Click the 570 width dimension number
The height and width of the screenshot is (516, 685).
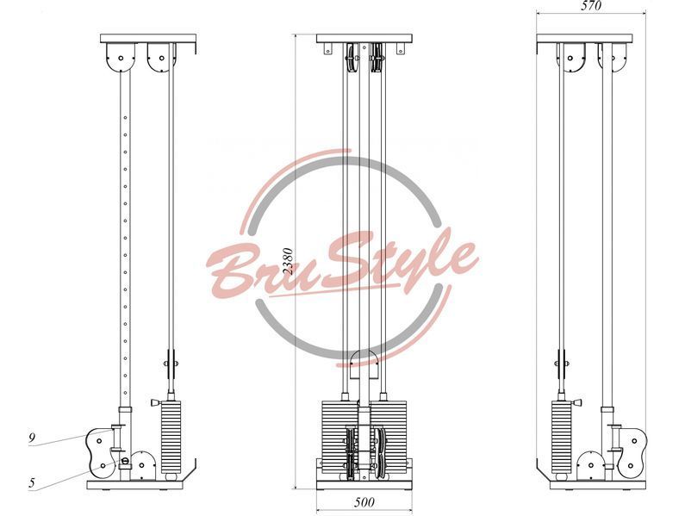click(x=591, y=5)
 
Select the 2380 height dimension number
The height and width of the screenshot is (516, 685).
click(x=288, y=261)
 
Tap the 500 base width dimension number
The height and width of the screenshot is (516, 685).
click(x=364, y=502)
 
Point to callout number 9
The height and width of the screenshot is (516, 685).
click(x=32, y=438)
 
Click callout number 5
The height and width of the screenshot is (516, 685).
click(x=32, y=482)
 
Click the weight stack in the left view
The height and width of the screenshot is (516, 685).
click(x=171, y=438)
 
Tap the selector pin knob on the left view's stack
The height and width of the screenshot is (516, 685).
click(x=155, y=402)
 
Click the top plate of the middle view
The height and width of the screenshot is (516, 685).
click(x=364, y=39)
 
